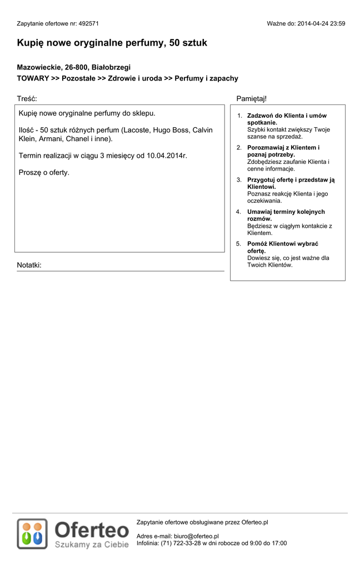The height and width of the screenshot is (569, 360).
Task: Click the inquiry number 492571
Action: click(88, 24)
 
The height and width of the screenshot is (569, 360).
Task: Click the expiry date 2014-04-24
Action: click(314, 24)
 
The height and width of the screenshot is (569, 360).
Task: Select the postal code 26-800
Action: click(77, 67)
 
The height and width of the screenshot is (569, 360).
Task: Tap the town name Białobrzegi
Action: click(111, 67)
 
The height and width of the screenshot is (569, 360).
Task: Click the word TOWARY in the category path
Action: click(33, 79)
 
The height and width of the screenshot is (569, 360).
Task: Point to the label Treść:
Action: click(27, 99)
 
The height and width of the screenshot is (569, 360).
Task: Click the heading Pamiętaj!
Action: click(251, 99)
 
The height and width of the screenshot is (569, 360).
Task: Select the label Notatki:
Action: click(29, 265)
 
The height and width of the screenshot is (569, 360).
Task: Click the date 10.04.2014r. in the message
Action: click(167, 156)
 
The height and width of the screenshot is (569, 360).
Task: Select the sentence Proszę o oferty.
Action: click(44, 172)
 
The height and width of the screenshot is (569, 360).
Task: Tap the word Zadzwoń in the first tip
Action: click(260, 116)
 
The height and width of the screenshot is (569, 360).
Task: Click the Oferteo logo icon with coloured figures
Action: click(32, 533)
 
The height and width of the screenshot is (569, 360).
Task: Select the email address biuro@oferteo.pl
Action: click(196, 536)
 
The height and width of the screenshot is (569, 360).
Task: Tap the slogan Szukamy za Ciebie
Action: click(92, 545)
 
